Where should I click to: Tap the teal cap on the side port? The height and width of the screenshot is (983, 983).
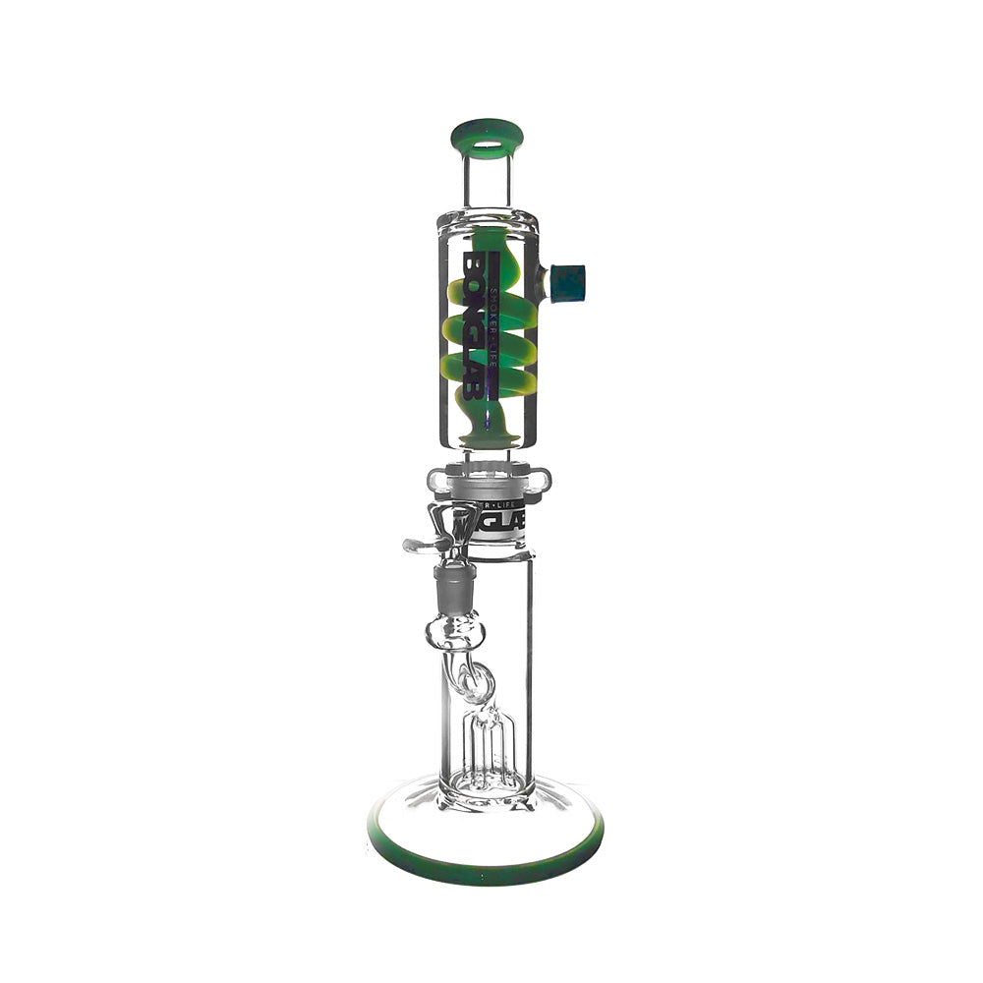(x=568, y=283)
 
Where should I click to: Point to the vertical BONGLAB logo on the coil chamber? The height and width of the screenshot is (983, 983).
(x=477, y=324)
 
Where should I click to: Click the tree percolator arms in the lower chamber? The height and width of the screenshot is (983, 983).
(x=487, y=752)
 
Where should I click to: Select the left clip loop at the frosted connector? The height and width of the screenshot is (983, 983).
(x=435, y=481)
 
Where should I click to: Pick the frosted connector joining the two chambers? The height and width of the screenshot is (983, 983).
(x=488, y=483)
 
